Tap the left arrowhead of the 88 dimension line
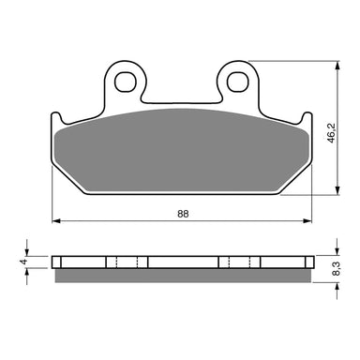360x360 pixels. pyautogui.click(x=54, y=222)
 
